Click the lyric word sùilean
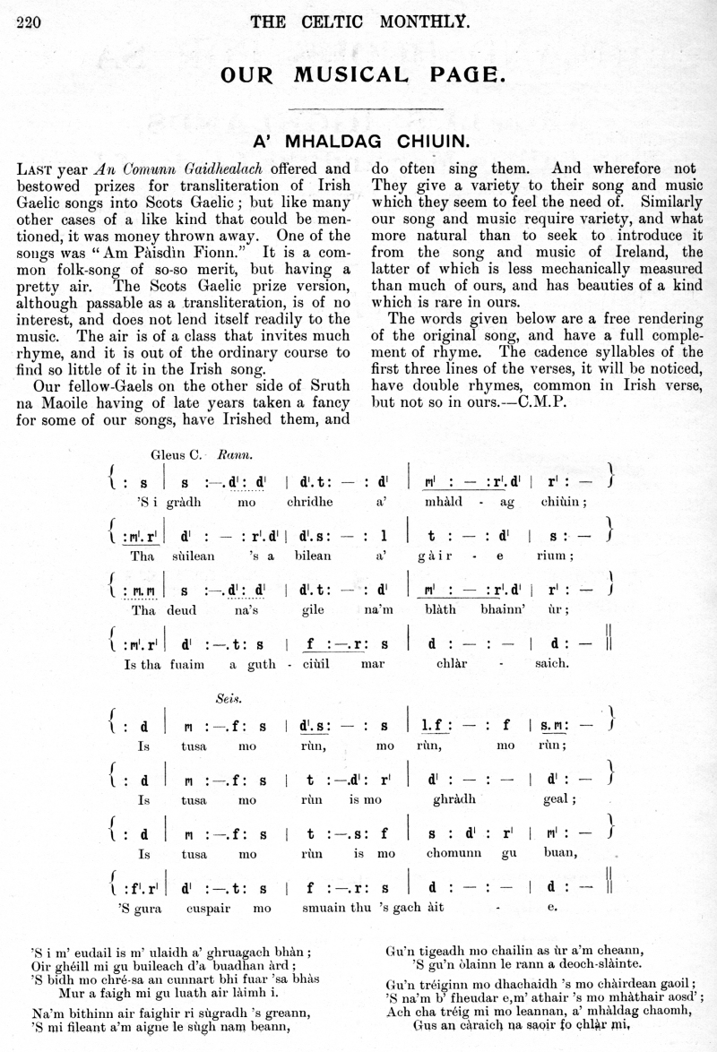point(203,556)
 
